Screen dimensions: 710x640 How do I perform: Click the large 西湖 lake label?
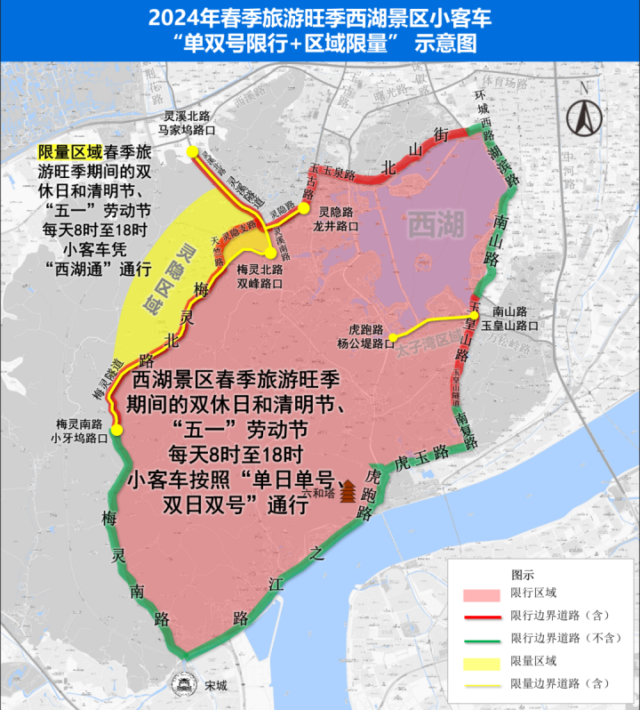[436, 225]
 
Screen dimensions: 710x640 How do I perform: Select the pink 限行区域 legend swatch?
[484, 593]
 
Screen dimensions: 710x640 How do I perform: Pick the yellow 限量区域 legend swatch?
[484, 660]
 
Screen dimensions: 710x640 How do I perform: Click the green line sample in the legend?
[484, 638]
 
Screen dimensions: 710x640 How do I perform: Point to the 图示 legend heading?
[524, 574]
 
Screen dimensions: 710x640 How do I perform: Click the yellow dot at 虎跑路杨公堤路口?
[392, 336]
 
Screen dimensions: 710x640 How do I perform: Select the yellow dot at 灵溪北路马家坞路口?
[191, 151]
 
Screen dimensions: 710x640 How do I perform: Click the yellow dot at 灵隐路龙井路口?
[303, 208]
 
